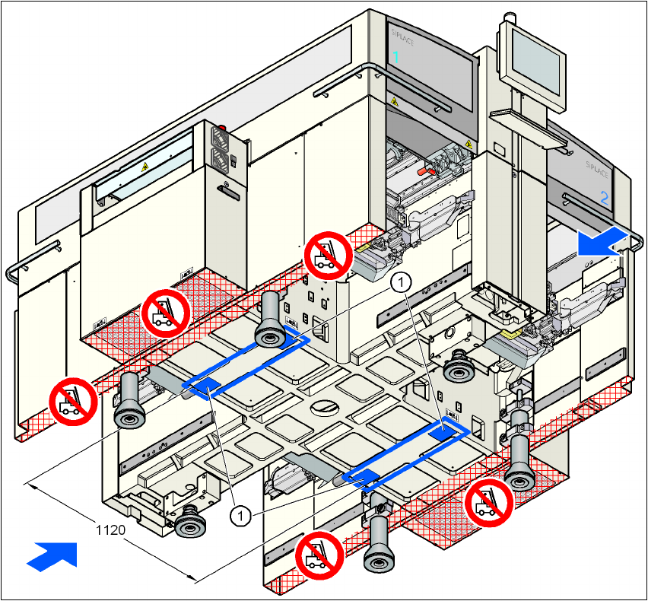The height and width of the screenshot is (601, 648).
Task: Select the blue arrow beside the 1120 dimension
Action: tap(54, 553)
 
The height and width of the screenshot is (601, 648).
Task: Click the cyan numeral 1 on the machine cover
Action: tap(395, 56)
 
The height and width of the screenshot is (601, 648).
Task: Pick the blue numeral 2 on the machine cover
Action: tap(605, 198)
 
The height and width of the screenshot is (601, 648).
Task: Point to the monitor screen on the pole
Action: tap(537, 55)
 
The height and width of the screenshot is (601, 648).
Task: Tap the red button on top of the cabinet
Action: tap(222, 128)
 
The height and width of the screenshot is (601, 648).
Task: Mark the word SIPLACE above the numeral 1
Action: tap(401, 35)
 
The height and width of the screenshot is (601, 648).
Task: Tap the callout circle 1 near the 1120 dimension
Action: tap(240, 516)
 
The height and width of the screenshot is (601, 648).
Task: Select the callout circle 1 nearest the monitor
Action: tap(401, 281)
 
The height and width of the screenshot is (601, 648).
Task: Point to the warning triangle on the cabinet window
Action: tap(144, 165)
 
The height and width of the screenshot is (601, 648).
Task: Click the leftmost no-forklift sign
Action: tap(72, 401)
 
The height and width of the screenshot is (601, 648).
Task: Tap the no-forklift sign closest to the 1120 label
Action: tap(319, 555)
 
